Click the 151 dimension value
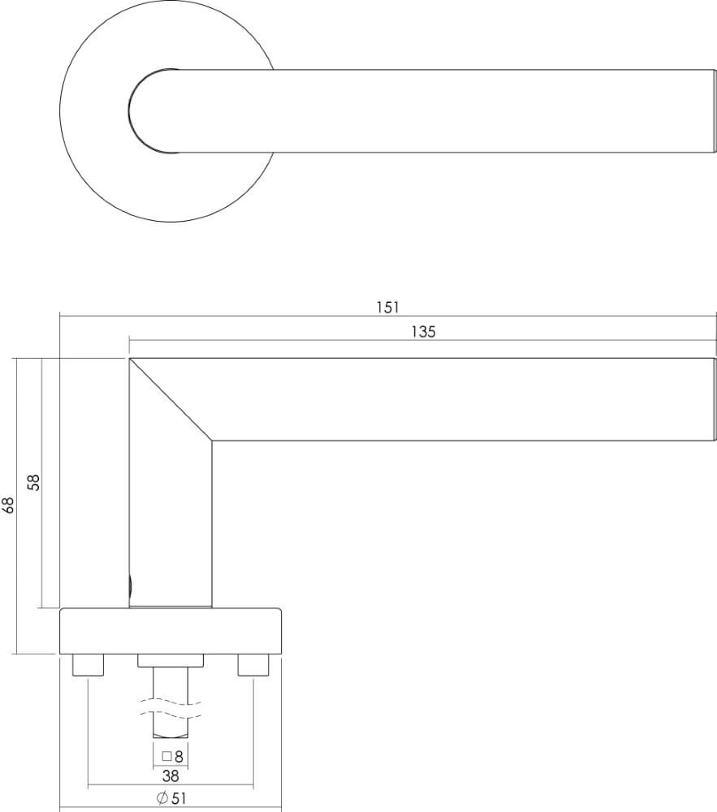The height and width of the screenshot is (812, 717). click(388, 307)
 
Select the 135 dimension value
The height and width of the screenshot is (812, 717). click(423, 331)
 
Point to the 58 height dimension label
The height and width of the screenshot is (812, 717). click(33, 482)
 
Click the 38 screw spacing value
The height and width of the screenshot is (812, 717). click(171, 775)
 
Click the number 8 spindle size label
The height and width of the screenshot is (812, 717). click(179, 755)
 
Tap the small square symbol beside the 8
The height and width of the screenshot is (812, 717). click(166, 755)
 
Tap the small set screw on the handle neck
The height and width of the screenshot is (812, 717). click(130, 583)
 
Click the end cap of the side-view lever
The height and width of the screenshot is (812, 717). click(713, 400)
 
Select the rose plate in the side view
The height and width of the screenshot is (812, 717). click(171, 631)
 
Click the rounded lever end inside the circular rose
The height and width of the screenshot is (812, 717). click(146, 110)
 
